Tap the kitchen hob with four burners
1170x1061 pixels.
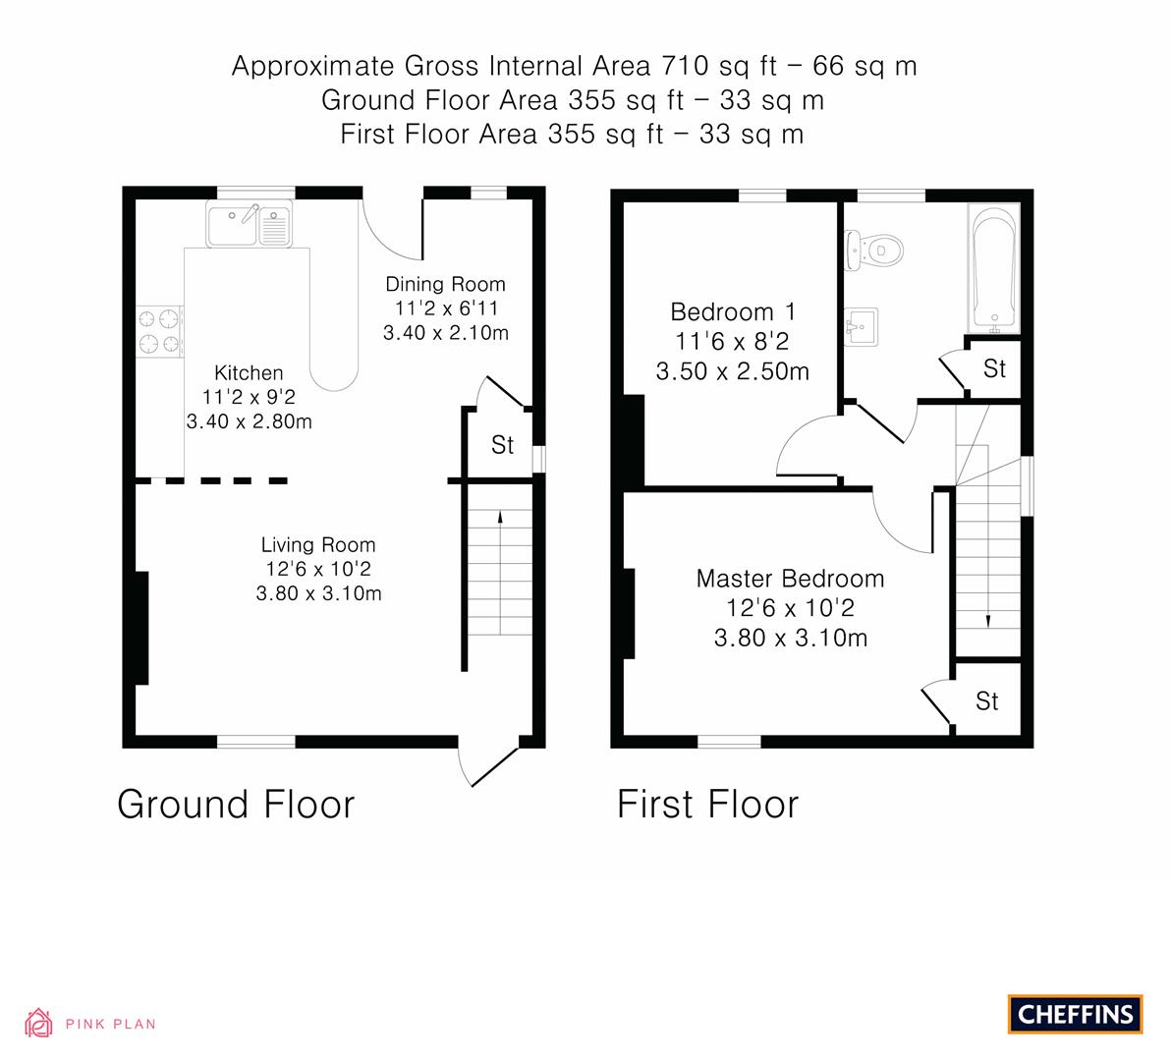(161, 331)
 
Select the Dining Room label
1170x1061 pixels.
(445, 285)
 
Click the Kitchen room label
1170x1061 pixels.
(249, 373)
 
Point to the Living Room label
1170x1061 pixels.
(318, 545)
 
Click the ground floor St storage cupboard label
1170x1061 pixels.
(502, 445)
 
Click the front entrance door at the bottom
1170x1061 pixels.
(489, 761)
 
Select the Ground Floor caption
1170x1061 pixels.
(236, 804)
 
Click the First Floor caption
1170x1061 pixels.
(707, 804)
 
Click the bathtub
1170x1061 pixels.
(994, 263)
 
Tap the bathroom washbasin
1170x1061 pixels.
(861, 325)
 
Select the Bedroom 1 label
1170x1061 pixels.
(733, 312)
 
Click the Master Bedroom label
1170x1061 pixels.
(790, 579)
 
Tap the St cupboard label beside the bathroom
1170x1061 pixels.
(994, 368)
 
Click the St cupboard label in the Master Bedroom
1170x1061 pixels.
(987, 700)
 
